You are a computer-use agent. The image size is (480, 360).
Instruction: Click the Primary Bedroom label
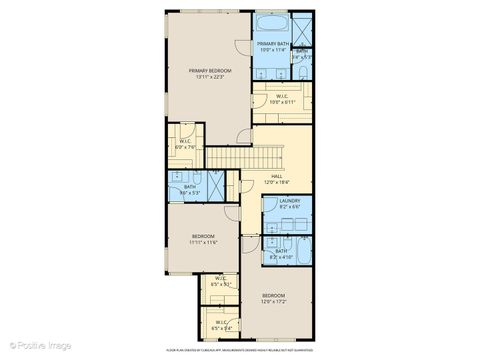tap(206, 71)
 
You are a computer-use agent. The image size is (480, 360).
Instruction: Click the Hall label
tap(275, 176)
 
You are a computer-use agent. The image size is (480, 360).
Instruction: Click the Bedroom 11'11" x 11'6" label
tap(203, 238)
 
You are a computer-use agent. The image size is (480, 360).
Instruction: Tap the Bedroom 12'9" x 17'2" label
tap(274, 297)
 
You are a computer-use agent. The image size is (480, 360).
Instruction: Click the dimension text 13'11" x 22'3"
tap(206, 77)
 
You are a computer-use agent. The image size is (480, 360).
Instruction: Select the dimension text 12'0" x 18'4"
tap(275, 182)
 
